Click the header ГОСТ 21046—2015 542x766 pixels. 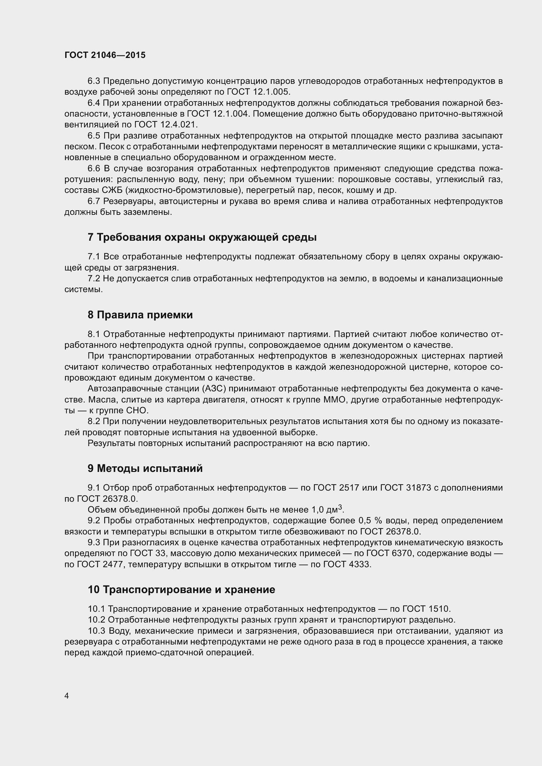[105, 55]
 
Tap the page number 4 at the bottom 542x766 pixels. [67, 696]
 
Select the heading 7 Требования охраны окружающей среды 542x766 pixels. [202, 237]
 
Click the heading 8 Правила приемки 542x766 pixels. [140, 315]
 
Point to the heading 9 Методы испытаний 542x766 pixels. [145, 468]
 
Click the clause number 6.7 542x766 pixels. [94, 201]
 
